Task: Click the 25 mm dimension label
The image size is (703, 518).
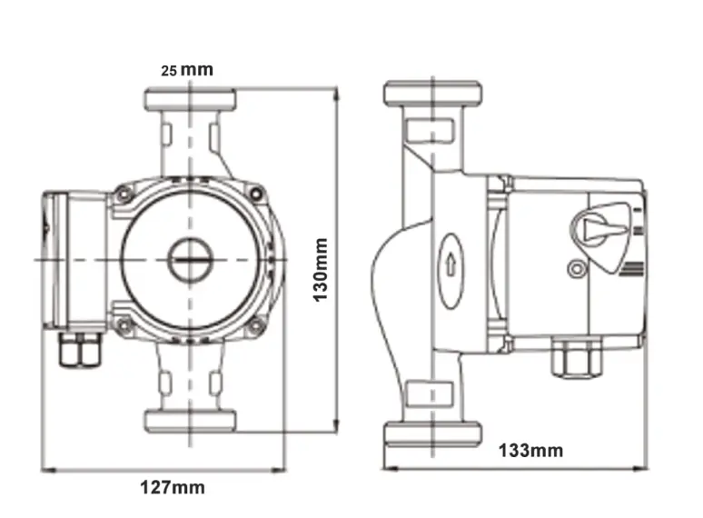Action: pyautogui.click(x=187, y=70)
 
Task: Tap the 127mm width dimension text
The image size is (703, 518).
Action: pyautogui.click(x=173, y=487)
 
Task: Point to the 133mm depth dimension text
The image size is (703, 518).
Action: pyautogui.click(x=530, y=450)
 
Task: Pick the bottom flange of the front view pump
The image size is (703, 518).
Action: pyautogui.click(x=191, y=420)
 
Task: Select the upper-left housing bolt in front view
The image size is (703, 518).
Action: pyautogui.click(x=123, y=194)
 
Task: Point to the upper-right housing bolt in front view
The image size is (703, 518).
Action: pyautogui.click(x=257, y=194)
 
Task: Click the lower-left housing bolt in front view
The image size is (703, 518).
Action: pyautogui.click(x=123, y=324)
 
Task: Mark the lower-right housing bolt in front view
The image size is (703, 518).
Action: pyautogui.click(x=257, y=324)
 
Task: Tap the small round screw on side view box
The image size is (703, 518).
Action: pyautogui.click(x=574, y=268)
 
